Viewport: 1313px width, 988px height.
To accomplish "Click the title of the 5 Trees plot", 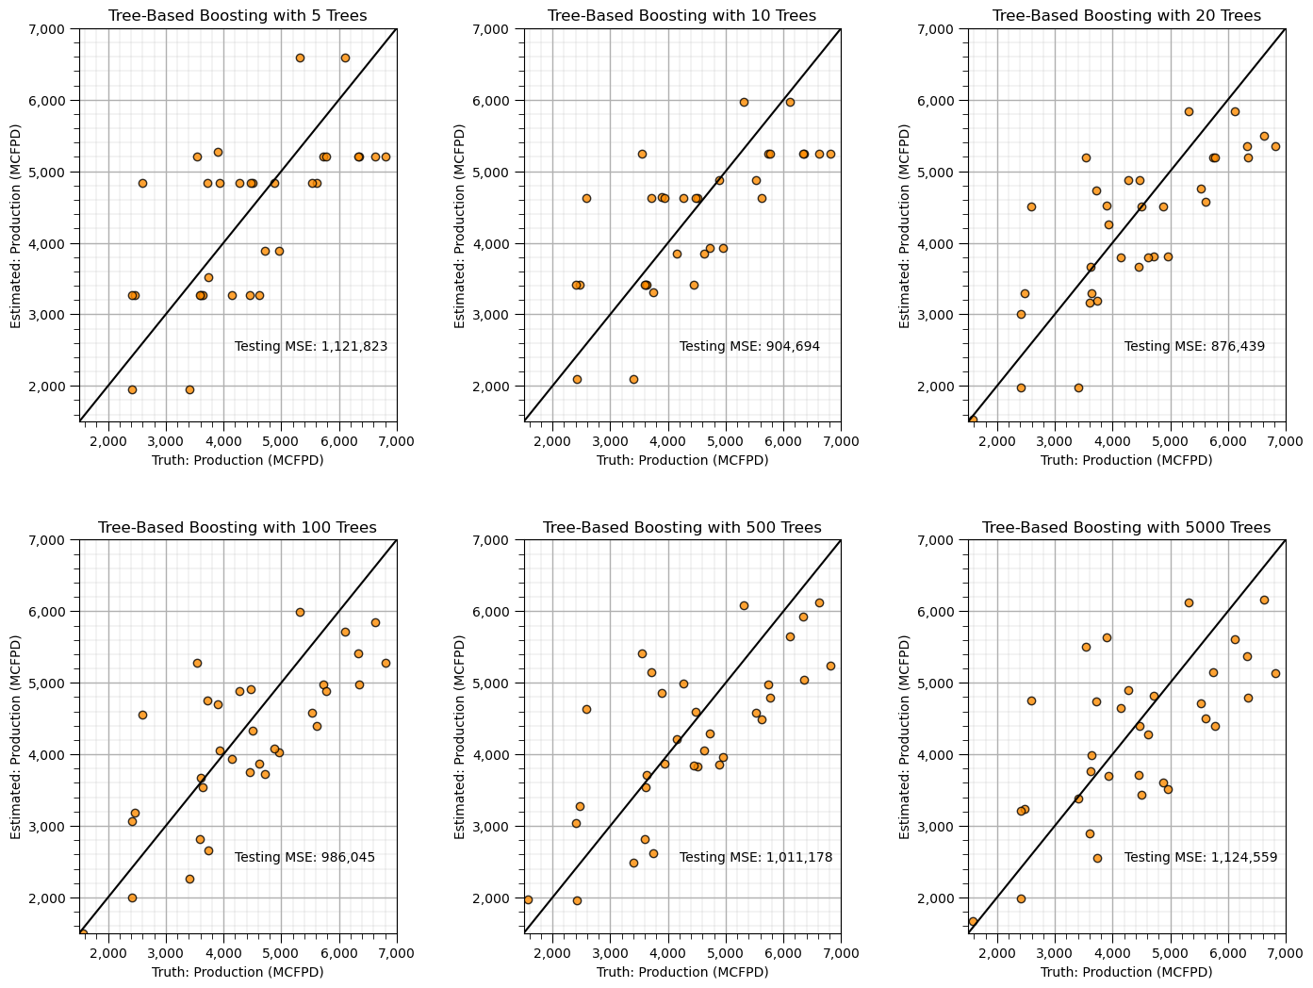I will click(238, 16).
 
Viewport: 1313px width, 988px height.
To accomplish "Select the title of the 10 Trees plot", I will click(682, 16).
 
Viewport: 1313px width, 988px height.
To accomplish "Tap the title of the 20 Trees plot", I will click(1126, 16).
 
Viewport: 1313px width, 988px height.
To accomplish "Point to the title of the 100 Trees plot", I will click(238, 528).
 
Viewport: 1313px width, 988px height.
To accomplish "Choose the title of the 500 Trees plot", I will click(682, 528).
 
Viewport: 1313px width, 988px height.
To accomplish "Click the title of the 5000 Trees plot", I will click(1126, 528).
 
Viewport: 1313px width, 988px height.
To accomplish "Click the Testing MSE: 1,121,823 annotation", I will click(311, 347).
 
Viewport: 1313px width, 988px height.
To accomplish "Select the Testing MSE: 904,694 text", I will click(749, 347).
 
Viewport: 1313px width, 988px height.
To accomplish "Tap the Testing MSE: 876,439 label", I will click(1194, 347).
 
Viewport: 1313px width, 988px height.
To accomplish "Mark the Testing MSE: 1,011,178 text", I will click(756, 858).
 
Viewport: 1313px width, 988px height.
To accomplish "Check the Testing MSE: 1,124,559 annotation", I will click(1201, 858).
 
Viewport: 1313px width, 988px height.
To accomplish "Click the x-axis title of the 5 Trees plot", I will click(238, 460).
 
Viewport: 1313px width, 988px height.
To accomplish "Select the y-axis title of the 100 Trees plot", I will click(16, 737).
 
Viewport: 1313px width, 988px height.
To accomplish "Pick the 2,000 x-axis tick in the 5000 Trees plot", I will click(997, 954).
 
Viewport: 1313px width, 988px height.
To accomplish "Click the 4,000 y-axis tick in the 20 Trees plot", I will click(942, 244).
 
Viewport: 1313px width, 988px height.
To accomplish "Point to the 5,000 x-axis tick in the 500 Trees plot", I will click(725, 954).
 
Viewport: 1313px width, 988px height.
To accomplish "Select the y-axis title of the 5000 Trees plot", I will click(905, 737).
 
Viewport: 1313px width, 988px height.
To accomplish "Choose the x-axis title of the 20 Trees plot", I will click(1126, 460).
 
